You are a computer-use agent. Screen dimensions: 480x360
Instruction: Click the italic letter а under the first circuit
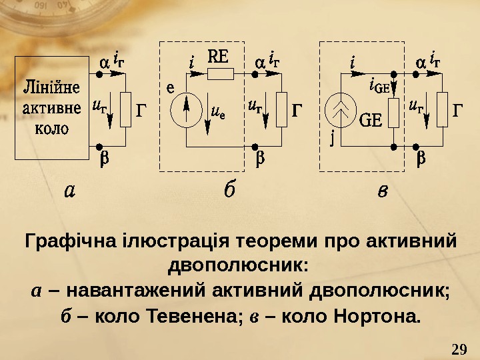70,191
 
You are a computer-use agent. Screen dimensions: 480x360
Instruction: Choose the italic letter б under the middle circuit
228,191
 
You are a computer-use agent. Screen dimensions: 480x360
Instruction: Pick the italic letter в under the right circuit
382,191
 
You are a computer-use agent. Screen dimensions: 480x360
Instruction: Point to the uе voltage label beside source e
217,111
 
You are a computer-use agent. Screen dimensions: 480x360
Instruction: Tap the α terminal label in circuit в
420,62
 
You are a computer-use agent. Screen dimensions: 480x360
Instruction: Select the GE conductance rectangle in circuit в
393,111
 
